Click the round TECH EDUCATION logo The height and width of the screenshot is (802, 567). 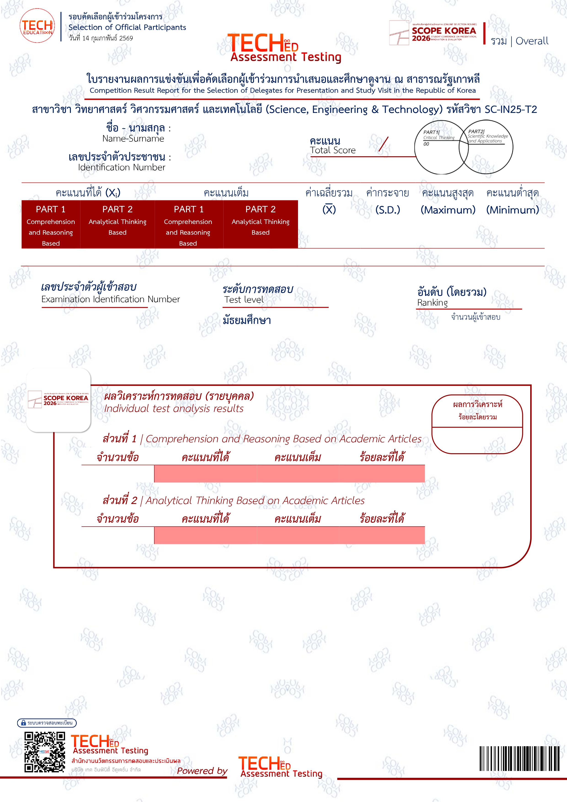(x=37, y=26)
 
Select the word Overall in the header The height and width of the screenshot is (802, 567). (x=532, y=41)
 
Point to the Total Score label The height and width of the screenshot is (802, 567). (x=333, y=150)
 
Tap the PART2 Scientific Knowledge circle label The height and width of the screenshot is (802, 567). (x=487, y=136)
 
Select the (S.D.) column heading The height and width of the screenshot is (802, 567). (x=387, y=210)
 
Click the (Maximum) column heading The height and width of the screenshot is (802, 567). (x=448, y=210)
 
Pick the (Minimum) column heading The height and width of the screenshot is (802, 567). (x=513, y=210)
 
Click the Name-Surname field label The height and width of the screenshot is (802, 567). (x=133, y=139)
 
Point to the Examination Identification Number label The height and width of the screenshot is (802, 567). (x=110, y=299)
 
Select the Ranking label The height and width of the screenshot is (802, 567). (x=432, y=303)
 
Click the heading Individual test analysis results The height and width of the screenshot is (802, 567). (x=174, y=408)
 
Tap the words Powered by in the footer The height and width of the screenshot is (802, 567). (x=202, y=770)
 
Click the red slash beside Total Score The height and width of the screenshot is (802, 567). (x=383, y=144)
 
